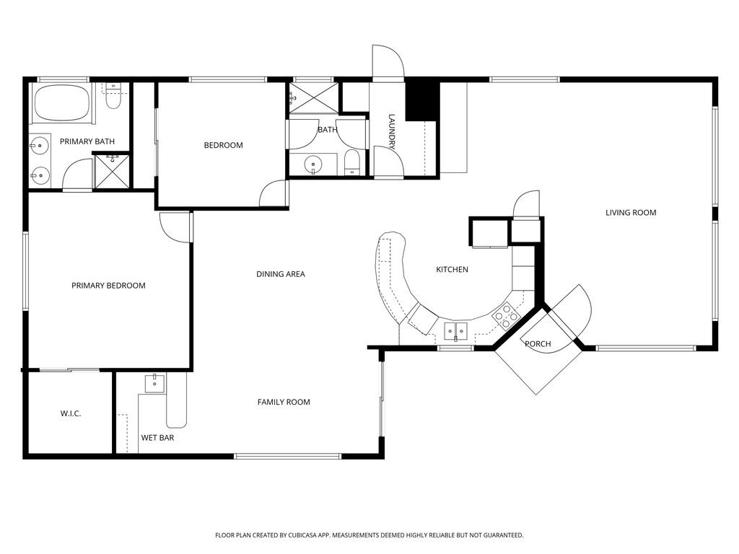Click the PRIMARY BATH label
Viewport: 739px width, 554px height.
coord(87,141)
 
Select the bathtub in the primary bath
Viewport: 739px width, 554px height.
coord(62,104)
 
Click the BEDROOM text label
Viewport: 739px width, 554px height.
coord(223,146)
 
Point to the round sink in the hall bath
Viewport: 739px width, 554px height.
coord(313,164)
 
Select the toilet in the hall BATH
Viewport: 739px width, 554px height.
coord(351,163)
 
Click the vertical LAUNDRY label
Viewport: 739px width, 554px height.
coord(392,132)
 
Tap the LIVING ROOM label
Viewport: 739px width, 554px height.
coord(630,213)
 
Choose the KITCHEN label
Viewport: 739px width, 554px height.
coord(452,270)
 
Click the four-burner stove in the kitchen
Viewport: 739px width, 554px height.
coord(506,315)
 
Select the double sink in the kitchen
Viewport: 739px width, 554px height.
coord(455,332)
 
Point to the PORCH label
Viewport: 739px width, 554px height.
coord(538,344)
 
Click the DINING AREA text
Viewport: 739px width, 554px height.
coord(281,274)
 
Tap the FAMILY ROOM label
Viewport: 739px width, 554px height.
coord(284,402)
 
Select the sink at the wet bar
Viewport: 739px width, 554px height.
coord(155,383)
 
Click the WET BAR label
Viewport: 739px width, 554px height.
coord(157,438)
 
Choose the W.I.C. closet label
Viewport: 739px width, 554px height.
coord(70,413)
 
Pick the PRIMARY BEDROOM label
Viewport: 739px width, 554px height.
coord(108,286)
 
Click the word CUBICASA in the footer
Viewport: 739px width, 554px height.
coord(320,535)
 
